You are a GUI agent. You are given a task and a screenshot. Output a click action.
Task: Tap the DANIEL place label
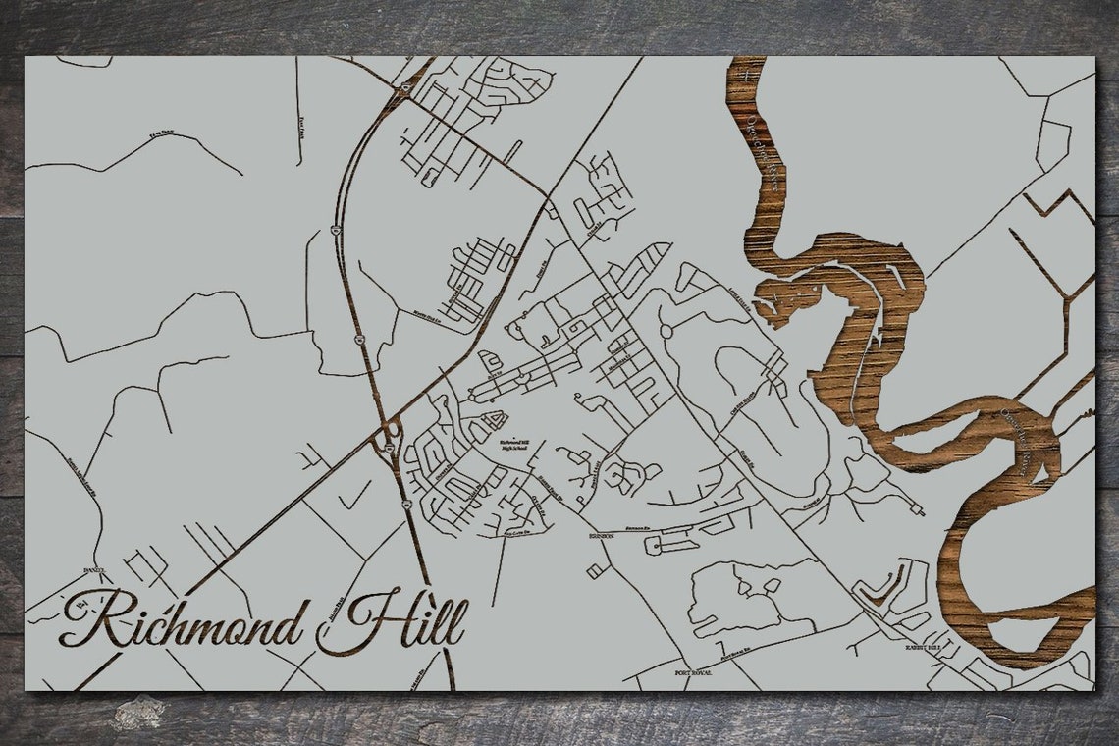click(94, 570)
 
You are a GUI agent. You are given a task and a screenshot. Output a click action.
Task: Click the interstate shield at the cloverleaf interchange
click(390, 447)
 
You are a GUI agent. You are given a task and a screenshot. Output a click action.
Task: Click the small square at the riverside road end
click(919, 510)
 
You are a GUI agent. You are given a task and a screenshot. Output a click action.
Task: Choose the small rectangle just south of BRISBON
click(595, 570)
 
